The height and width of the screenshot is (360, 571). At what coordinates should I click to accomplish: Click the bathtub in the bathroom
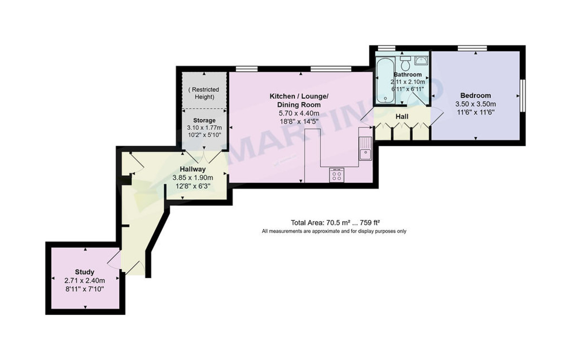click(384, 80)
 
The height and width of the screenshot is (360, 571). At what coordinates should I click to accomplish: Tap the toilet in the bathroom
click(405, 63)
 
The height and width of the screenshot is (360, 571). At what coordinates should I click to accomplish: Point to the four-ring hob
click(336, 175)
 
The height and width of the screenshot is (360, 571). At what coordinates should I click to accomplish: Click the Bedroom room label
click(475, 96)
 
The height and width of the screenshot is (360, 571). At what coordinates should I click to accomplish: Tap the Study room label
click(85, 272)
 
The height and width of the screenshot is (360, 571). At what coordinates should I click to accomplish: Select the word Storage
click(204, 120)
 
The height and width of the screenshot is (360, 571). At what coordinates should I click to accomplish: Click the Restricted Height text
click(204, 93)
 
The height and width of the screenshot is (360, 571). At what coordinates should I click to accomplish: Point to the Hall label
click(403, 116)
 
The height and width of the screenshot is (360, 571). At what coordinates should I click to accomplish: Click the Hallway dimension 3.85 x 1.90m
click(192, 178)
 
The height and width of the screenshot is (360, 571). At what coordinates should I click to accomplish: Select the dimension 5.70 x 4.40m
click(299, 113)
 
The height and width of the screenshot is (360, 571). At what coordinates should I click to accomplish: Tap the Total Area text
click(335, 223)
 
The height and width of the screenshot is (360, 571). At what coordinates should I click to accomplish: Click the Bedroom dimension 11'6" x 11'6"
click(475, 113)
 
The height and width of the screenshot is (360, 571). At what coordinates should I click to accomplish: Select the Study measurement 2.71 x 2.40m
click(85, 281)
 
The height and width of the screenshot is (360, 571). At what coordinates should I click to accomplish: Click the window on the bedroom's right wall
click(522, 96)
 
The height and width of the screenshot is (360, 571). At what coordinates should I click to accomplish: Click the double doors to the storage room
click(204, 157)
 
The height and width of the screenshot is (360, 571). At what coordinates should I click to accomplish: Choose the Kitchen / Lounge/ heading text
click(299, 97)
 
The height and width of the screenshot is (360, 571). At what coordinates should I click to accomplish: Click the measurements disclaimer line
click(334, 232)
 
